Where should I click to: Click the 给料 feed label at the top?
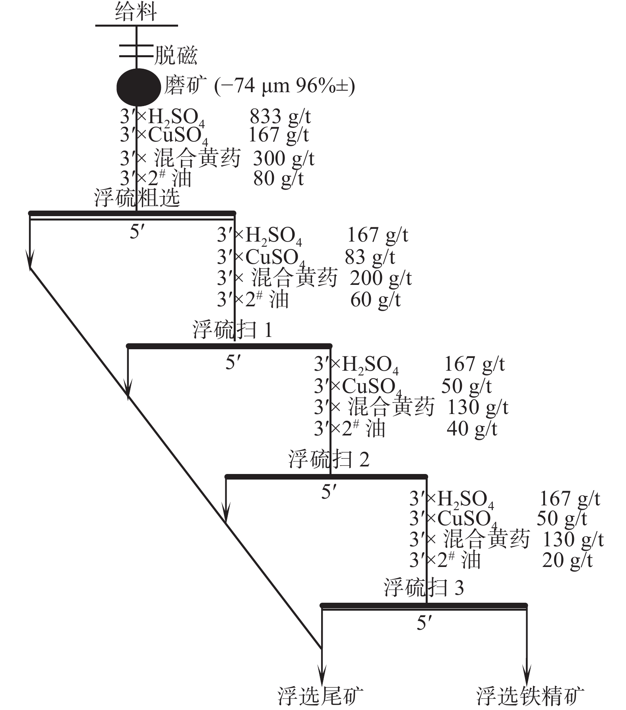[x=136, y=12]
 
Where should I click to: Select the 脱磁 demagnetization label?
[x=175, y=55]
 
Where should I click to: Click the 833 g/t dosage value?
[x=280, y=117]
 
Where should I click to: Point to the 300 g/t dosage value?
[x=283, y=159]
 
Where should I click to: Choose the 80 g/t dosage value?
[x=278, y=178]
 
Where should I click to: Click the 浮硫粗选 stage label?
[x=137, y=197]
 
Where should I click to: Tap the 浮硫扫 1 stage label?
[x=232, y=329]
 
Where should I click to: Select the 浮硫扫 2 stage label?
[x=329, y=459]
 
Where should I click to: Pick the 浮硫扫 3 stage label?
[x=424, y=587]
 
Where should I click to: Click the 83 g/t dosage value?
[x=370, y=257]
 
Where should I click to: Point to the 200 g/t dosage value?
[x=380, y=278]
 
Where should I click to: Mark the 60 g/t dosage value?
[x=375, y=300]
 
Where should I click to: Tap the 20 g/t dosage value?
[x=567, y=560]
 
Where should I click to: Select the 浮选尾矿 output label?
[x=320, y=696]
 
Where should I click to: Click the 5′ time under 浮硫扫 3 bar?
[x=424, y=623]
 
